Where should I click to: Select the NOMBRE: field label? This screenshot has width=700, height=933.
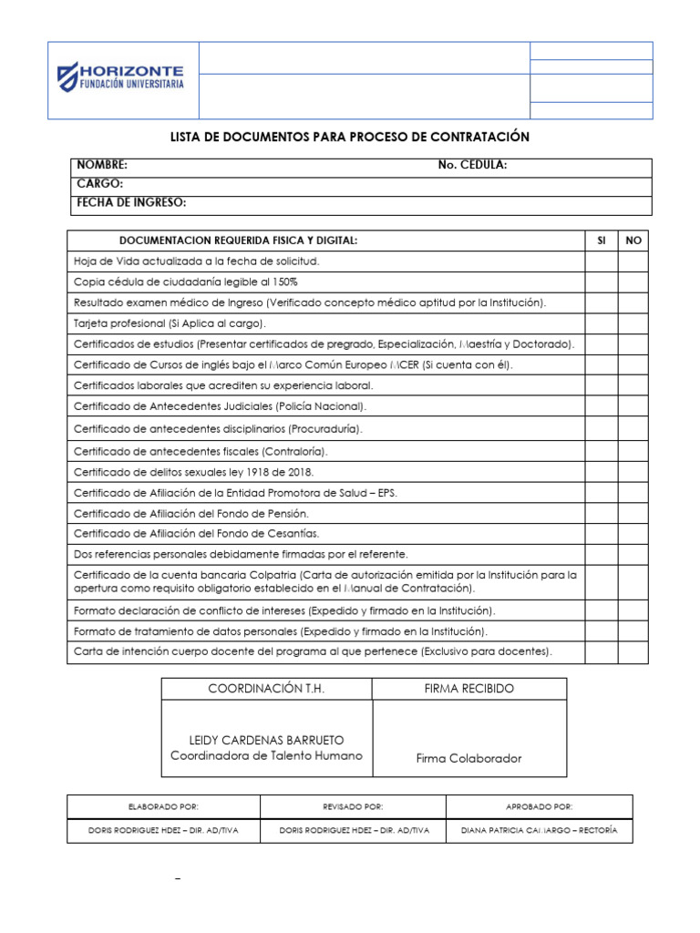click(101, 166)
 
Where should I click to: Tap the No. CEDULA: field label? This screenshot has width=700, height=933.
click(472, 166)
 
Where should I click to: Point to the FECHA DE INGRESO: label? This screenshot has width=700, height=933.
click(131, 202)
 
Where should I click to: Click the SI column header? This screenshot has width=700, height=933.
click(601, 241)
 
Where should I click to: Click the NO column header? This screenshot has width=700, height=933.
click(633, 241)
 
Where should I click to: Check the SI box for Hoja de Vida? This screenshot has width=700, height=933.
click(601, 261)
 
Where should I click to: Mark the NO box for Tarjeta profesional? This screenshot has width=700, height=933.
click(633, 323)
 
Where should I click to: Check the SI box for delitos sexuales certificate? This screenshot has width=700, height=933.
click(601, 472)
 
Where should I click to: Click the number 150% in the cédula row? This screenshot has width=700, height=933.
click(284, 282)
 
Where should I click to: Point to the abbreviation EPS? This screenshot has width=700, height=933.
click(386, 493)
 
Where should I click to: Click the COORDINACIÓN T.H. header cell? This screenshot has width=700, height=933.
click(267, 689)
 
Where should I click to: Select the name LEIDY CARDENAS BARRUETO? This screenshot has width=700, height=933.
click(266, 740)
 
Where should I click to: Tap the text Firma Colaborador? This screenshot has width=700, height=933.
click(468, 758)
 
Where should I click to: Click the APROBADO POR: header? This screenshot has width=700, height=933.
click(539, 806)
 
